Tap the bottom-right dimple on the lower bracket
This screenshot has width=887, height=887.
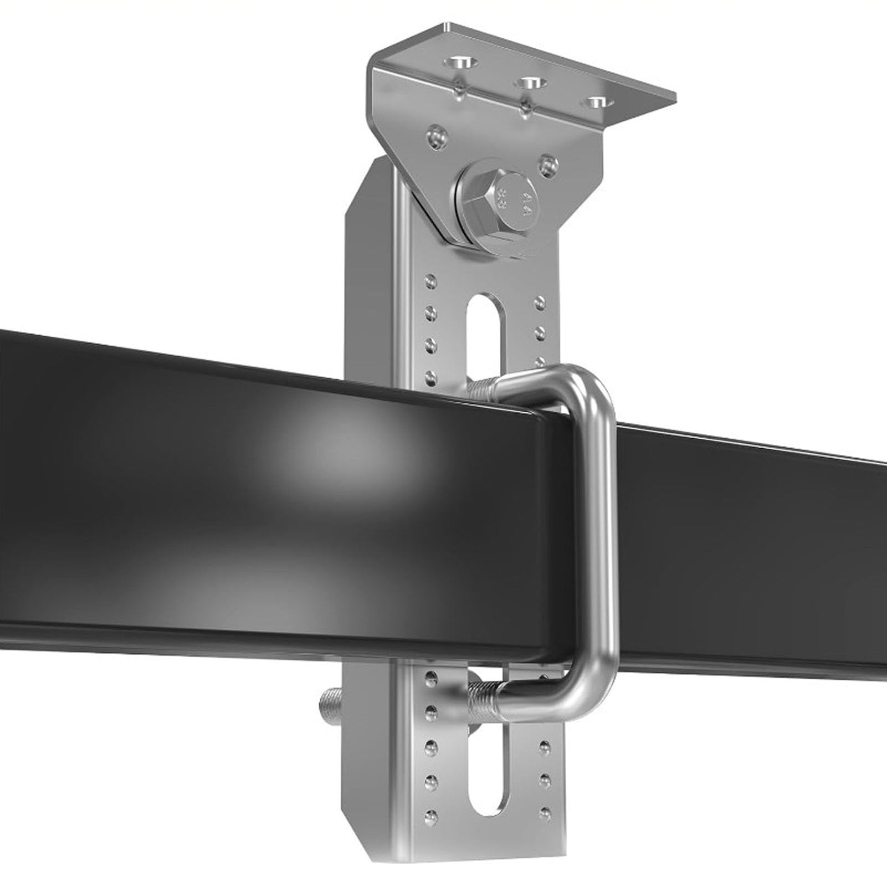[545, 813]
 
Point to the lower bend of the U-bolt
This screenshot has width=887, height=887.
[582, 693]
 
